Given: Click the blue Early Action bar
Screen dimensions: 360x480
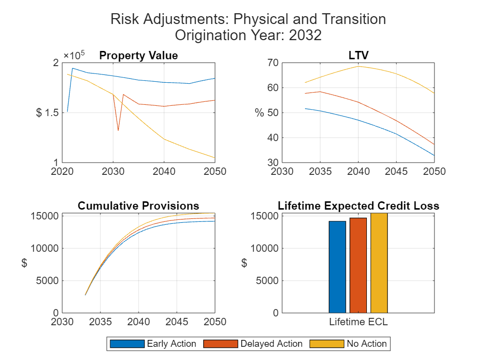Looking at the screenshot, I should click(x=337, y=267).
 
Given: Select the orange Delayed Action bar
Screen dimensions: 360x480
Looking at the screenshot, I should click(x=358, y=265).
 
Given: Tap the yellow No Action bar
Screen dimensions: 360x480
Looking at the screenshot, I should click(x=379, y=263).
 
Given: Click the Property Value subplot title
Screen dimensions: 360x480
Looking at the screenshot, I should click(x=138, y=56).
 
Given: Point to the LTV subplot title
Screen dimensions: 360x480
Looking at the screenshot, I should click(x=358, y=56).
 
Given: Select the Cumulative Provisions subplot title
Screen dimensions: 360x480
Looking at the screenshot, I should click(x=138, y=206).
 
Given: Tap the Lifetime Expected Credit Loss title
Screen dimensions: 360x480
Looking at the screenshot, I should click(x=358, y=206).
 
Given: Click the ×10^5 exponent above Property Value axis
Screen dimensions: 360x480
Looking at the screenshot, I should click(x=74, y=54).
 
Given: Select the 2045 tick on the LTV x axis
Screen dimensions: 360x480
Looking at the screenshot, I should click(x=396, y=171).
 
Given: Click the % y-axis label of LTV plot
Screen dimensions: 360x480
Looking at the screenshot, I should click(x=259, y=113).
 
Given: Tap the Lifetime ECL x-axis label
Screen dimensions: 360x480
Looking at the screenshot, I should click(x=358, y=322).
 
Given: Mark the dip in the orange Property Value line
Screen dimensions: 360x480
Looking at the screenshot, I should click(x=118, y=130).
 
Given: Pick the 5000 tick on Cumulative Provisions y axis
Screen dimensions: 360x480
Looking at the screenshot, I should click(x=48, y=281).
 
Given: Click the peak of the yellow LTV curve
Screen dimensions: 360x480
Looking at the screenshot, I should click(x=359, y=66).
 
